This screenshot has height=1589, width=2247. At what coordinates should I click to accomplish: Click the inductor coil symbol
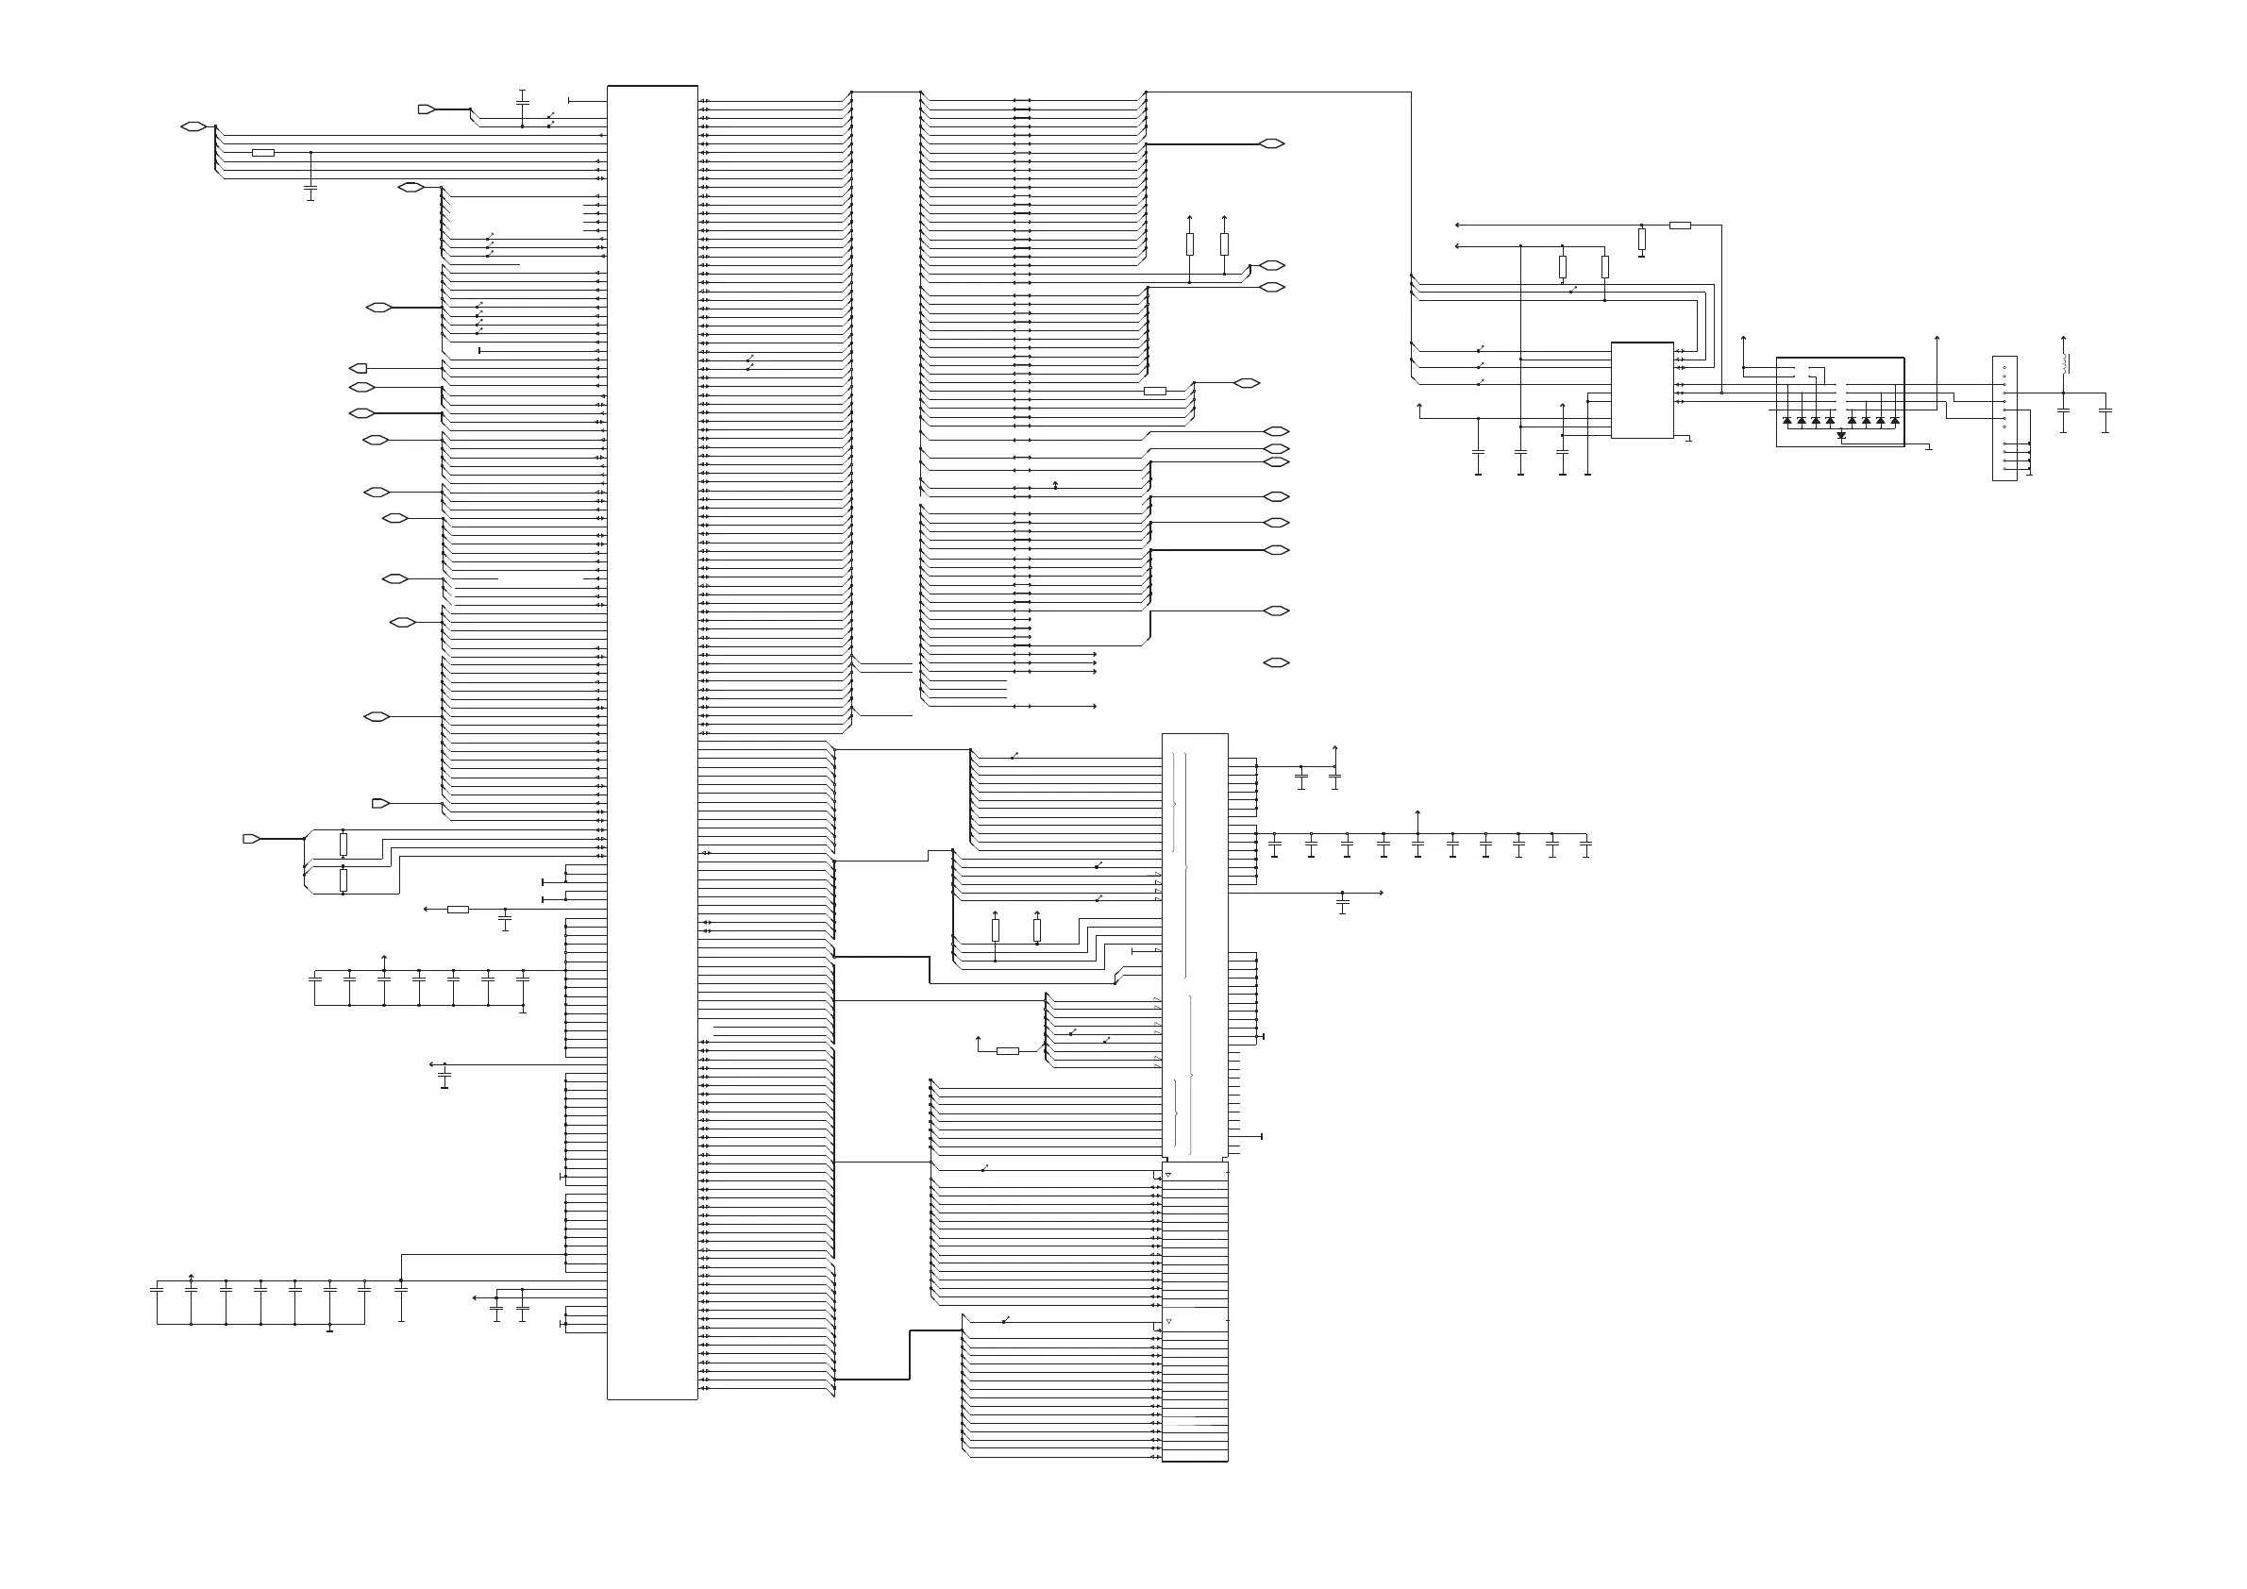[2065, 363]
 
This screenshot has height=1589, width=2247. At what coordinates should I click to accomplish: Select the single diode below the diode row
[1841, 434]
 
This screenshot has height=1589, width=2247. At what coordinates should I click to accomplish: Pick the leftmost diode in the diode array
[1787, 421]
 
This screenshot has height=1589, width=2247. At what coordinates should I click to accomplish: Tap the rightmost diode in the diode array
[1895, 421]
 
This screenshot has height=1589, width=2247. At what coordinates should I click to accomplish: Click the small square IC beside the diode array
[1641, 391]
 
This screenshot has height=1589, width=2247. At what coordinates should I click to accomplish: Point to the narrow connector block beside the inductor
[2004, 418]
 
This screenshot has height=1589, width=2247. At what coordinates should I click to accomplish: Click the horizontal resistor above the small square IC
[1680, 225]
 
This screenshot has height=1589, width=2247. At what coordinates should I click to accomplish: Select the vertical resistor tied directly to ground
[1641, 239]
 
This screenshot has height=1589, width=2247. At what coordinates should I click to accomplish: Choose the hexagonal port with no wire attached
[1275, 662]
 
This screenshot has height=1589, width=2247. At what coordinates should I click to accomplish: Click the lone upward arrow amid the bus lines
[1055, 484]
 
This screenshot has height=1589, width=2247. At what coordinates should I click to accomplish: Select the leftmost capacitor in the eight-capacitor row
[157, 1290]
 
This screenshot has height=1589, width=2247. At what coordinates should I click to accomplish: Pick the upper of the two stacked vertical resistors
[343, 844]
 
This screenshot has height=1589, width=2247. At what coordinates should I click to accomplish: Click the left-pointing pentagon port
[359, 369]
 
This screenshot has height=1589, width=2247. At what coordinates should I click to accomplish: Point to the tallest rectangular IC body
[652, 742]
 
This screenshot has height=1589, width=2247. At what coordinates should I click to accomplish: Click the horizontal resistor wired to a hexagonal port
[1155, 391]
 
